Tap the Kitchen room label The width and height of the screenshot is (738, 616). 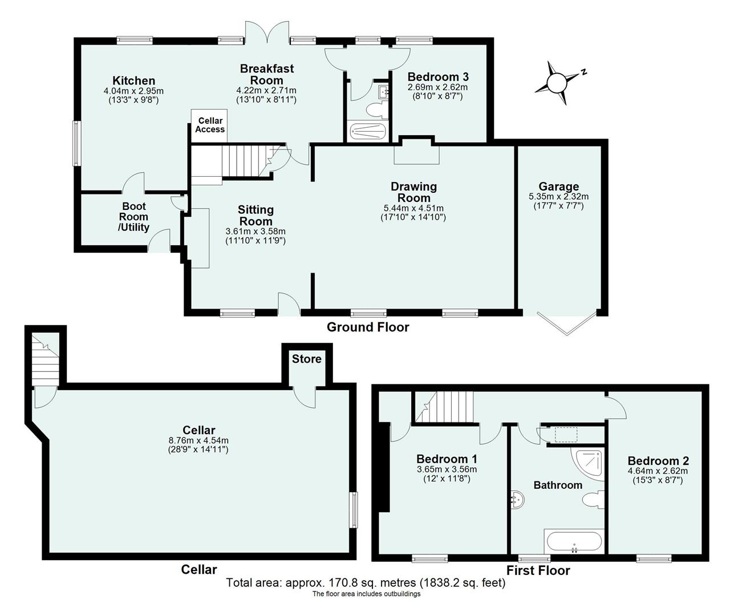133,80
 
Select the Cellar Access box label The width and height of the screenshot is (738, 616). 210,125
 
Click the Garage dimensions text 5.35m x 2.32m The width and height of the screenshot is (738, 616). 558,196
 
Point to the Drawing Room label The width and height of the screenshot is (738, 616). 413,192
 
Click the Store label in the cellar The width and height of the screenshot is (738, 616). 307,359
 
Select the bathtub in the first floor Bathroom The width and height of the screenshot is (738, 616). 574,541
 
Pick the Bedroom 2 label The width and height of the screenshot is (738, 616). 658,461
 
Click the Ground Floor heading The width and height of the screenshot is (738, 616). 367,327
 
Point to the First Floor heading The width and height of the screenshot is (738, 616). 538,570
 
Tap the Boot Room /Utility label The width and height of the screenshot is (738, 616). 133,217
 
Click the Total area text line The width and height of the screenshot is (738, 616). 366,583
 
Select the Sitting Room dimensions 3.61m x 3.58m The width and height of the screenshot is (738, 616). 256,231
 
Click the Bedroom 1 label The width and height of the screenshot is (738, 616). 447,459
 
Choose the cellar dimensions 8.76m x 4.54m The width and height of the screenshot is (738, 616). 198,440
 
